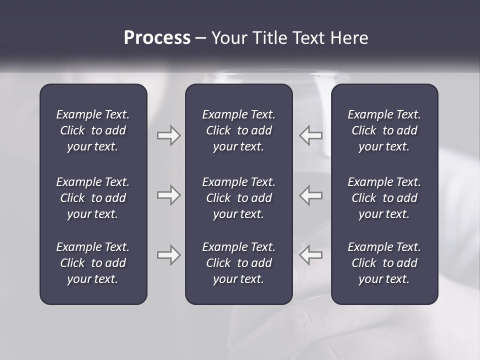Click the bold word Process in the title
(x=157, y=38)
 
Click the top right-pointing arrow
(x=168, y=135)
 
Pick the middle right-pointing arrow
(x=168, y=195)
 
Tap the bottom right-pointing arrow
(x=168, y=255)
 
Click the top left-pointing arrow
(x=310, y=135)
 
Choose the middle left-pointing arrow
(x=310, y=195)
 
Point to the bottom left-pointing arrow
(x=310, y=255)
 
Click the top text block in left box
(x=93, y=130)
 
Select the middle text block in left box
(x=93, y=198)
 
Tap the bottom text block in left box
(x=93, y=263)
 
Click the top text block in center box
(x=238, y=130)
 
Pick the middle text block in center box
(x=238, y=198)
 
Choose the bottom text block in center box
(x=238, y=263)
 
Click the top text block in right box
(x=384, y=130)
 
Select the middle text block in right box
(x=384, y=198)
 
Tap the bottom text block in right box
(x=384, y=263)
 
